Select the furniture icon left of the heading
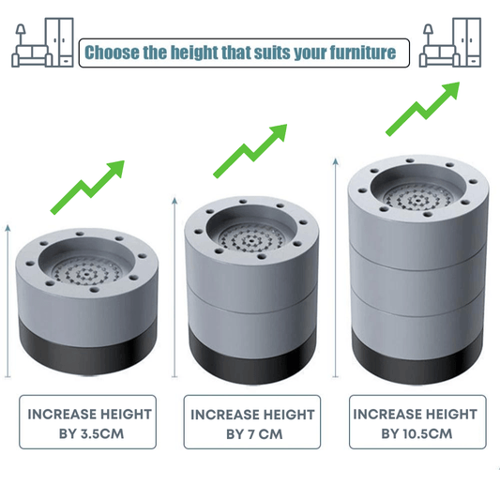coord(43,42)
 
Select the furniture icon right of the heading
coord(450,42)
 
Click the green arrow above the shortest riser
coord(87,188)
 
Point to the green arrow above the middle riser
coord(250,151)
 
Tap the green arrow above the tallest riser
coord(423,109)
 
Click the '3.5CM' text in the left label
coord(102,434)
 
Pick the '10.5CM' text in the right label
coord(427,433)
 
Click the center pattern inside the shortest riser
coord(86,273)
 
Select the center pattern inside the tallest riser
coord(417,199)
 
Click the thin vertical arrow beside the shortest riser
coord(8,301)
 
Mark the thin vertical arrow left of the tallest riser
coord(336,268)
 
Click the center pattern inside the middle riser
coord(252,238)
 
